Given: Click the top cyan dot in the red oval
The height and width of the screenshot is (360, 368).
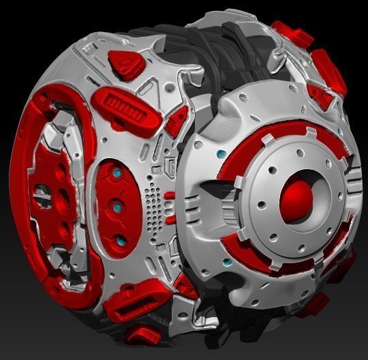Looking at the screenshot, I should click(117, 175).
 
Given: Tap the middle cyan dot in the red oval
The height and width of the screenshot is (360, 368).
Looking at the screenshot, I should click(118, 207).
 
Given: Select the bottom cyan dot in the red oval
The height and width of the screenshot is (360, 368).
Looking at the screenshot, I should click(120, 241).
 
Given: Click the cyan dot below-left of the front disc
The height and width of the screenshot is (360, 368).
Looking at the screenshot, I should click(226, 262).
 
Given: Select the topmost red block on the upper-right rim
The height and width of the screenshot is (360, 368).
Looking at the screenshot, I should click(290, 33).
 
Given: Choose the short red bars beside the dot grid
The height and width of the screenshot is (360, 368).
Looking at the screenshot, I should click(170, 205).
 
